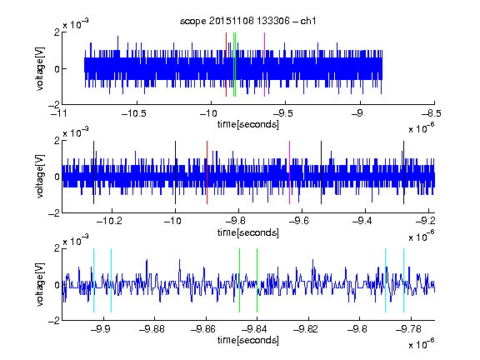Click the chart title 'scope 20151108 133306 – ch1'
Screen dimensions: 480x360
tap(248, 21)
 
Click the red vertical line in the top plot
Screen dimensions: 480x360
tap(226, 65)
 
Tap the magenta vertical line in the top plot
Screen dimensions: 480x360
tap(264, 65)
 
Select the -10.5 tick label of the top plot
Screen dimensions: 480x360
tap(134, 113)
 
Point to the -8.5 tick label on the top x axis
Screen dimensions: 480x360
tap(431, 113)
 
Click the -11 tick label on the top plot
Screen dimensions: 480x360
tap(59, 113)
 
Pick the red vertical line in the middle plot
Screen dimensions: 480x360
tap(207, 172)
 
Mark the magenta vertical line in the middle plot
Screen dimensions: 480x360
tap(290, 172)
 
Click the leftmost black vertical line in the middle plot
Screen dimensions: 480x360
tap(93, 172)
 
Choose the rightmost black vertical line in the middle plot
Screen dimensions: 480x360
tap(403, 172)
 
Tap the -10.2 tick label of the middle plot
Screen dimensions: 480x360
tap(109, 221)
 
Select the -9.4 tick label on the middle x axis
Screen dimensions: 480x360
tap(362, 221)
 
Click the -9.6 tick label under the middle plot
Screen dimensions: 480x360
tap(299, 221)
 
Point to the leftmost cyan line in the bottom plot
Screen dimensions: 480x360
tap(93, 280)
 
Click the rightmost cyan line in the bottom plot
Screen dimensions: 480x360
tap(403, 280)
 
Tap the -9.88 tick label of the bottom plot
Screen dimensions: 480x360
tap(152, 329)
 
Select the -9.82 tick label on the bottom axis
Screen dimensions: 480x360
tap(306, 329)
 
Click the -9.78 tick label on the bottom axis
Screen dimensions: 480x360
tap(408, 329)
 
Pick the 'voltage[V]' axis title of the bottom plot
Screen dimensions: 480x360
tap(40, 284)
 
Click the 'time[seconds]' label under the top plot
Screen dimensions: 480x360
tap(248, 124)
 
